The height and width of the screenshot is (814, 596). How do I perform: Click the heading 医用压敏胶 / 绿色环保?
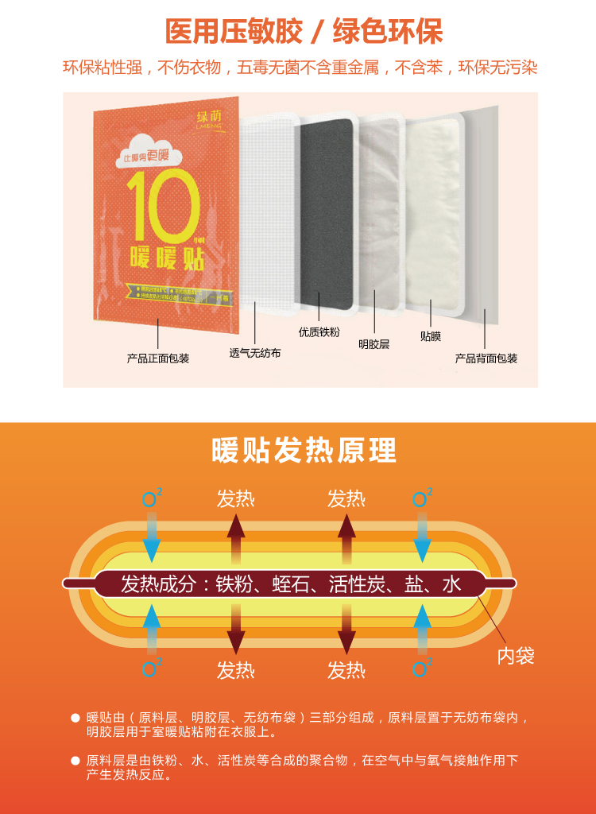coord(304,31)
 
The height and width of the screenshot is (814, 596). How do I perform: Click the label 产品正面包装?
coord(158,359)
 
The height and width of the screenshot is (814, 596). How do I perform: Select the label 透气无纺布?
coord(255,353)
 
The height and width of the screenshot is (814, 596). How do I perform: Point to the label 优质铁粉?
coord(319,332)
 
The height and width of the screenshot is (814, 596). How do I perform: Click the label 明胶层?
coord(373,344)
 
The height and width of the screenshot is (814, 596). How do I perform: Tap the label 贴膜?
coord(430,336)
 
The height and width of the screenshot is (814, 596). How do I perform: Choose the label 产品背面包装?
coord(486,359)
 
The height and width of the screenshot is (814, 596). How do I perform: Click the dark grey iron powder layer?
coord(326,207)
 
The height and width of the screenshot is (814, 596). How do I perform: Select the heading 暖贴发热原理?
coord(304,450)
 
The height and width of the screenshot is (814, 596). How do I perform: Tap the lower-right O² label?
coord(422,669)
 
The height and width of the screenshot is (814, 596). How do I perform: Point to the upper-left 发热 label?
coord(236,499)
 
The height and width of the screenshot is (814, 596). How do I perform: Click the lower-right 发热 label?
coord(346,670)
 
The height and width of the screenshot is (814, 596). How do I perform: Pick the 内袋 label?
coord(516,656)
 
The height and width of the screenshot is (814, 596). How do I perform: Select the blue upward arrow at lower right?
coord(422,626)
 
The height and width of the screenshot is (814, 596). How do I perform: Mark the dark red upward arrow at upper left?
coord(236,539)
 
